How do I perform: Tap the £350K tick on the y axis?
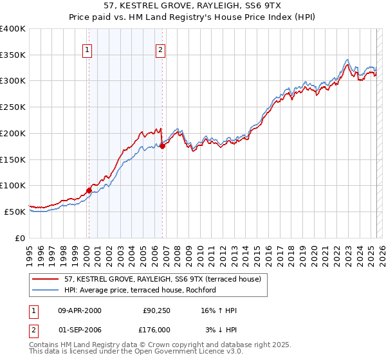[13, 55]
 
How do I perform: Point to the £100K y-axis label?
[13, 186]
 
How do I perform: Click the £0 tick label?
[21, 238]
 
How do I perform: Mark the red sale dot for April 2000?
[89, 190]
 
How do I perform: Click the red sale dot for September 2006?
[162, 146]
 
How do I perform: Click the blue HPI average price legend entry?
[140, 291]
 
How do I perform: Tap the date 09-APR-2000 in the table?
[80, 310]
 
